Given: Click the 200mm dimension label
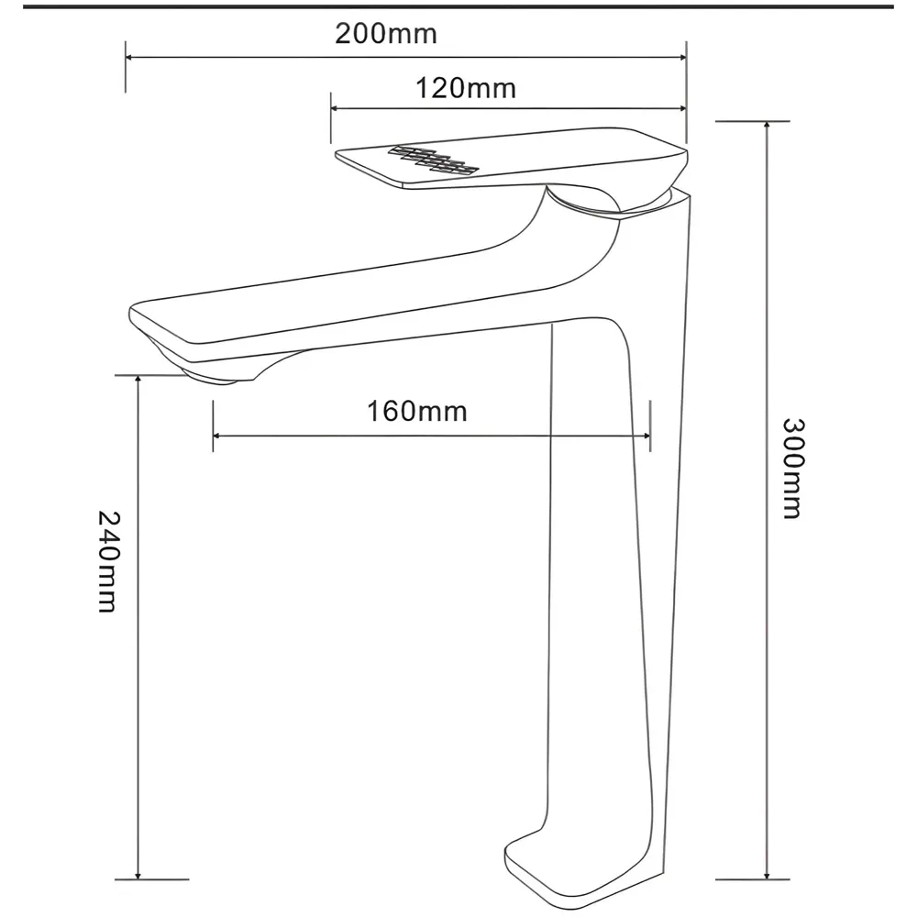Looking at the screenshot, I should coord(385,35).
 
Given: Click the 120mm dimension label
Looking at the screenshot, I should coord(466,89).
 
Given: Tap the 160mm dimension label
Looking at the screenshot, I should coord(417,411).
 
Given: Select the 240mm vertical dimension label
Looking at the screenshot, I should coord(107,560).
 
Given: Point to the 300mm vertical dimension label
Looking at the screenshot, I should coord(792,469).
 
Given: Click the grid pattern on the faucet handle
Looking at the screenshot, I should coord(434,160).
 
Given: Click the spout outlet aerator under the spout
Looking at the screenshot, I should coord(217,376).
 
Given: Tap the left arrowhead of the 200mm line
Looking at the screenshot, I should coord(130,57).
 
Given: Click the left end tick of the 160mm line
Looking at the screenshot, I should coord(213,436).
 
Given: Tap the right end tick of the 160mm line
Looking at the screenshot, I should coord(649,436).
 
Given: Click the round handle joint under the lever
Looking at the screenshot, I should coord(587,204).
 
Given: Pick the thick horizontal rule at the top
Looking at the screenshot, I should coord(458,6).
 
